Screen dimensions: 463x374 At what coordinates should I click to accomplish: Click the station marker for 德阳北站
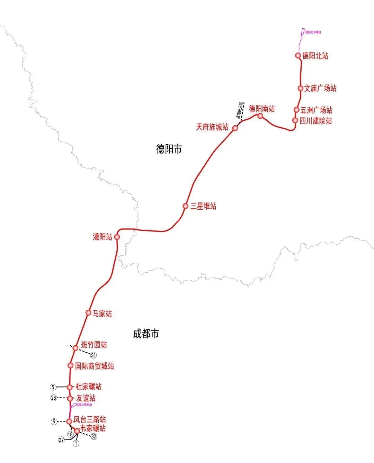(x=298, y=55)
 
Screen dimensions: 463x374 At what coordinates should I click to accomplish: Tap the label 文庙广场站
(x=320, y=88)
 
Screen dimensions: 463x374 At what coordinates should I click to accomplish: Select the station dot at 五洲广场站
(x=296, y=110)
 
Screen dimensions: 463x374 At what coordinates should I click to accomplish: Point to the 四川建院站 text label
(x=315, y=121)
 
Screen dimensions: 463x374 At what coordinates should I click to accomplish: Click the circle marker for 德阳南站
(x=260, y=116)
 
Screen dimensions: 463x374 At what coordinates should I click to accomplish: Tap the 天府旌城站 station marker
(x=235, y=128)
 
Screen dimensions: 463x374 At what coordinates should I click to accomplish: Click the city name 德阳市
(x=169, y=149)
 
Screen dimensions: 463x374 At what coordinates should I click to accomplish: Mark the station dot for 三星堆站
(x=186, y=206)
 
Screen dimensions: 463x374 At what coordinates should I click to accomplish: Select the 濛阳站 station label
(x=102, y=237)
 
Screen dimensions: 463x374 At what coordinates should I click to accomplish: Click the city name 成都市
(x=146, y=334)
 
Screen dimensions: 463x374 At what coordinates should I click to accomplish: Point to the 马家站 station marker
(x=88, y=312)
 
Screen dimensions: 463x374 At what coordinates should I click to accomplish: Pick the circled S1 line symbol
(x=93, y=355)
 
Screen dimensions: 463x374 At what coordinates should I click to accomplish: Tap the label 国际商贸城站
(x=94, y=366)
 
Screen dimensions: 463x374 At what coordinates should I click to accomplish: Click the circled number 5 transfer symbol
(x=53, y=387)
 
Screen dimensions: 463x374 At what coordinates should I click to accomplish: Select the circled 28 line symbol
(x=54, y=398)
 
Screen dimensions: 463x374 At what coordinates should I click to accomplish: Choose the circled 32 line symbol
(x=93, y=437)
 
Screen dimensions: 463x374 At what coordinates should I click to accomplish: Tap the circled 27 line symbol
(x=61, y=440)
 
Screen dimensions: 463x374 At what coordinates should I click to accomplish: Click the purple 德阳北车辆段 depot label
(x=313, y=32)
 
